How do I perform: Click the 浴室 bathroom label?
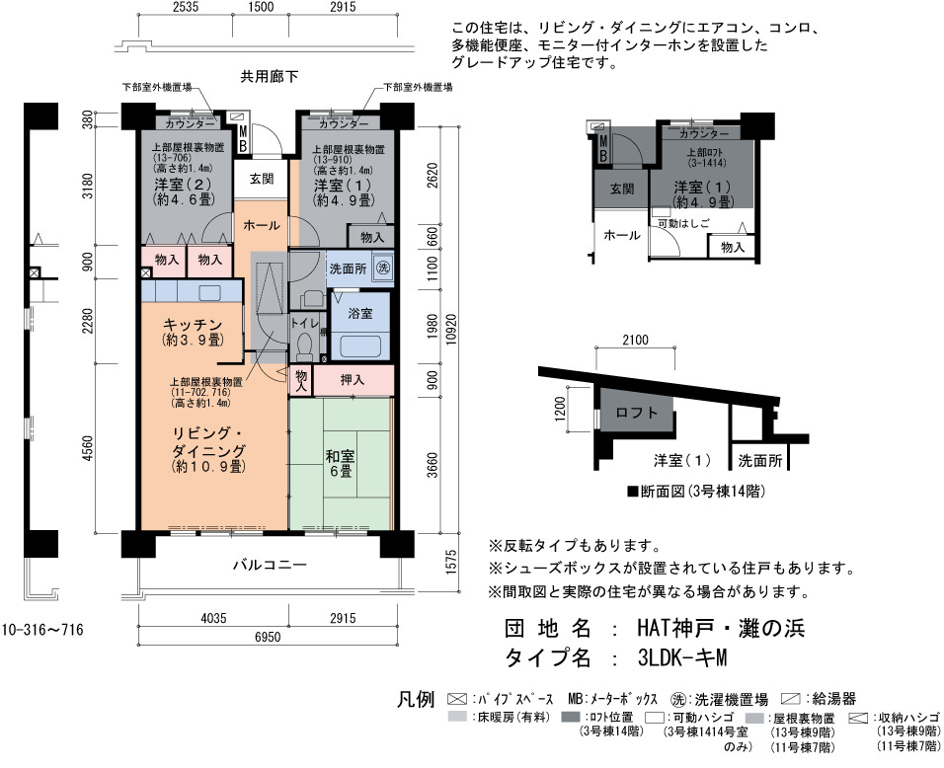tap(360, 314)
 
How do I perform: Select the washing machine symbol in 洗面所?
tap(382, 268)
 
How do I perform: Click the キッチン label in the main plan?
tap(193, 325)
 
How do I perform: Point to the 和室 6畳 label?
tap(341, 463)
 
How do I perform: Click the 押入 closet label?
tap(353, 380)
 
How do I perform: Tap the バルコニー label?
tap(270, 565)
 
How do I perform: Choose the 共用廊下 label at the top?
tap(270, 76)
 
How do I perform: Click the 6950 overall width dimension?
tap(268, 636)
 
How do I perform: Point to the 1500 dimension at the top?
tap(261, 7)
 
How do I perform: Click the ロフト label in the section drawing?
tap(636, 413)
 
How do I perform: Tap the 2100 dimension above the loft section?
tap(635, 340)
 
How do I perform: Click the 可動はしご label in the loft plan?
tap(684, 223)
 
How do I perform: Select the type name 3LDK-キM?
tap(682, 657)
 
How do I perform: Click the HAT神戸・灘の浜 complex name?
tap(721, 629)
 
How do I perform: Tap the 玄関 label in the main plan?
tap(262, 179)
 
